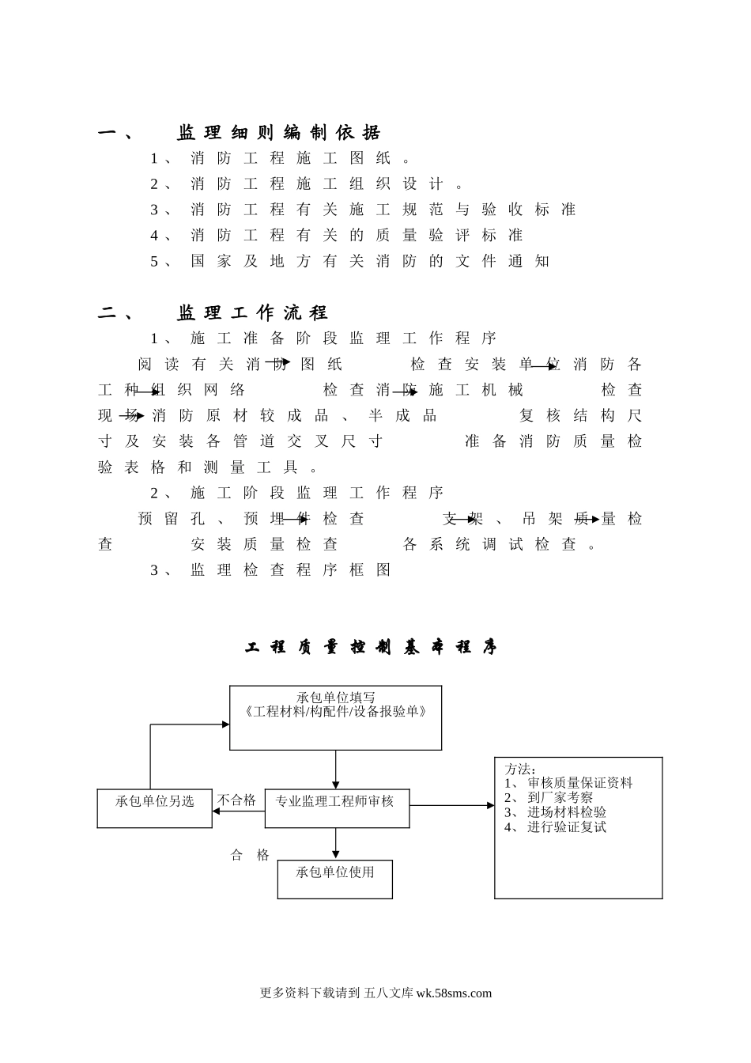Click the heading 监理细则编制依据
click(278, 133)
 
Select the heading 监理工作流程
click(251, 313)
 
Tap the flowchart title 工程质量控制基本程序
click(372, 648)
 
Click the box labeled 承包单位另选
click(155, 802)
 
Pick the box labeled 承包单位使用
click(335, 872)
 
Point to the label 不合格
click(237, 800)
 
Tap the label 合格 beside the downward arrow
click(250, 855)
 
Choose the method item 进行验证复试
click(567, 827)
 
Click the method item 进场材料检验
click(567, 812)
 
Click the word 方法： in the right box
click(520, 769)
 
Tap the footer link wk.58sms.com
click(454, 993)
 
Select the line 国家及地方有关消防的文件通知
click(369, 262)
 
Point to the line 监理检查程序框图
click(290, 570)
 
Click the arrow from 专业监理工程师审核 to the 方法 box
click(451, 806)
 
